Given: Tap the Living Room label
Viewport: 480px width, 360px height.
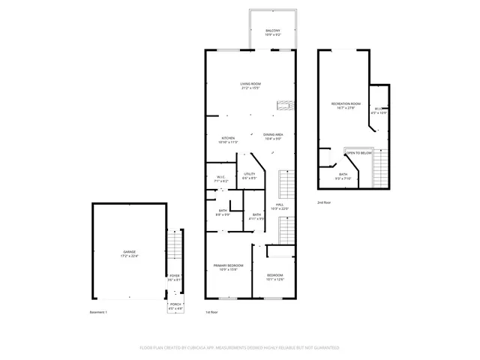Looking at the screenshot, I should tap(250, 85).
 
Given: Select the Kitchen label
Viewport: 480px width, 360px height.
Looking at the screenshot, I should tap(228, 139).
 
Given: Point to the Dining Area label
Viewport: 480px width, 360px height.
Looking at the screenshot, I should tap(272, 136).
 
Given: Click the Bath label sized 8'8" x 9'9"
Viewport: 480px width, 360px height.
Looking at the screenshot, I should tap(223, 212).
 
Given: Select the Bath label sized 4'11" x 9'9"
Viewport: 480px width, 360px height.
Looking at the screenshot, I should tap(256, 216).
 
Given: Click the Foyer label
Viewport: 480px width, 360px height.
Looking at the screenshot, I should tap(174, 278).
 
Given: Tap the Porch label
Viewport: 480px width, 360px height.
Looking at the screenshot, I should tap(174, 307).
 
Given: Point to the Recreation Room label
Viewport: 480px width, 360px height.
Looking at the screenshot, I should tap(346, 105).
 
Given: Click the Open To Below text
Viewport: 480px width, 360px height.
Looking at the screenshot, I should tap(359, 153).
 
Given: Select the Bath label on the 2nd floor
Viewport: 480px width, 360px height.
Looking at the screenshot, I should tap(343, 177).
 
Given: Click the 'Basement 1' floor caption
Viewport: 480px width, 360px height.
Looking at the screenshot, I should tap(98, 312).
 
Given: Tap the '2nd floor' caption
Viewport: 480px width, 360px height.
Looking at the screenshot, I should tap(324, 202).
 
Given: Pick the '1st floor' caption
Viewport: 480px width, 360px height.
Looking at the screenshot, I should tap(211, 312).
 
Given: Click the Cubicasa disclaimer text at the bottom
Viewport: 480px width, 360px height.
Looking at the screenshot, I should tap(239, 348).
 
